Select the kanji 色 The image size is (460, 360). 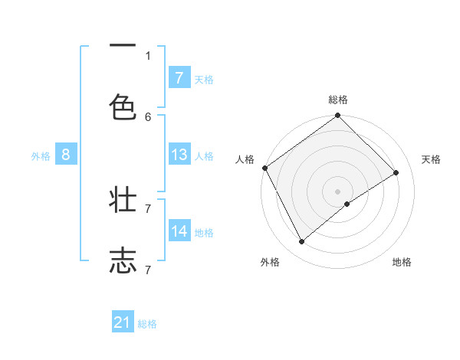tap(123, 108)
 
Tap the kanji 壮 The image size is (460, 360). tap(123, 201)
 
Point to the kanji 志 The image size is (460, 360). tap(123, 260)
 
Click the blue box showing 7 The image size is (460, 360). tap(179, 78)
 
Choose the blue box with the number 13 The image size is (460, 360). tap(179, 155)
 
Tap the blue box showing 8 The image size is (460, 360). tap(65, 155)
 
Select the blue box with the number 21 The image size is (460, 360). tap(123, 323)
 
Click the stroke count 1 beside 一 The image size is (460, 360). tap(148, 55)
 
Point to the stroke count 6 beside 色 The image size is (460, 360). tap(148, 116)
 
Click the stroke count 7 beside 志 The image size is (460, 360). tap(148, 269)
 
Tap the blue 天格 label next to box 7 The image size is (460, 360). tap(204, 79)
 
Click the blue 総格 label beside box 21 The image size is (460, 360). tap(147, 324)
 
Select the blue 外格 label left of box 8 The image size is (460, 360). tap(41, 155)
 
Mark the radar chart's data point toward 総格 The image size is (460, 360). tap(337, 116)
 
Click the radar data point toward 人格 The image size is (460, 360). tap(264, 168)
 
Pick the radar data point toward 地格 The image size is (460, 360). tap(347, 204)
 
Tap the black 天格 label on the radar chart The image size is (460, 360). tap(431, 159)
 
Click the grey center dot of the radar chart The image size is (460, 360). tap(337, 191)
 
